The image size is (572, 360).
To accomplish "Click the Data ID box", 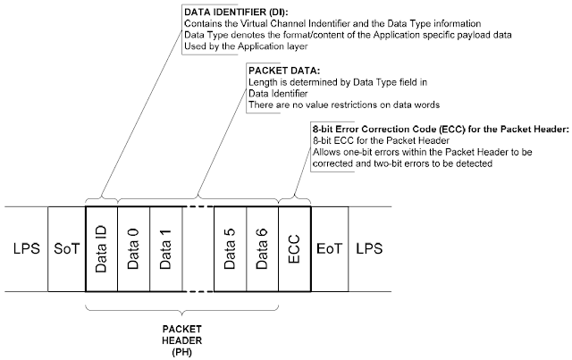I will [x=101, y=246].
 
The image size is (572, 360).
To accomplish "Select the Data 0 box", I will [x=132, y=246].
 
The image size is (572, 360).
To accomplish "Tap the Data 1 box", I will [x=164, y=246].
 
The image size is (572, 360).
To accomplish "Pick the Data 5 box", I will [x=230, y=246].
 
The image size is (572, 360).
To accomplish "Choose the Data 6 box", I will [x=262, y=246].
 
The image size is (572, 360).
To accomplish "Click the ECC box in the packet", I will [x=294, y=246].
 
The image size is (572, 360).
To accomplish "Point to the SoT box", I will [x=66, y=246].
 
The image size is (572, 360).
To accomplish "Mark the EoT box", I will [x=328, y=246].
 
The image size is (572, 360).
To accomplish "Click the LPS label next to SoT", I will [x=26, y=246].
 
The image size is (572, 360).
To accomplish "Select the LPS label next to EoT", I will [x=368, y=246].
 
